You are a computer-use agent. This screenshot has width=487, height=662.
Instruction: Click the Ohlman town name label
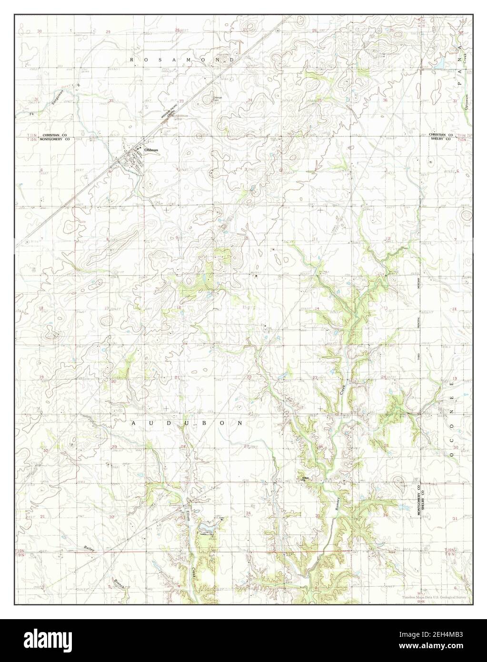pyautogui.click(x=151, y=150)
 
